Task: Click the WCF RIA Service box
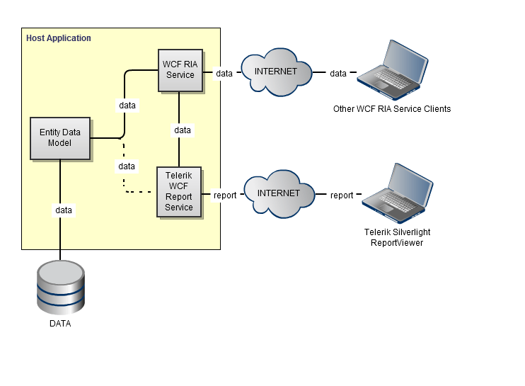click(x=180, y=70)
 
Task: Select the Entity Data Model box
click(x=60, y=138)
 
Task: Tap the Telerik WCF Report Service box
click(x=179, y=192)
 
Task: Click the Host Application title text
click(x=59, y=38)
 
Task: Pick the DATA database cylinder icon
click(x=60, y=287)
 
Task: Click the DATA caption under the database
click(x=60, y=324)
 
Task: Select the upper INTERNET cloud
click(x=276, y=72)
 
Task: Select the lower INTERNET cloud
click(x=278, y=193)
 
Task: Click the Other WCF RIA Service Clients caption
click(x=392, y=109)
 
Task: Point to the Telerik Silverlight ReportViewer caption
click(x=397, y=237)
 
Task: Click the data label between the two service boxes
click(x=183, y=130)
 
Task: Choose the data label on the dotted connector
click(x=127, y=166)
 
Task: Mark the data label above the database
click(x=64, y=210)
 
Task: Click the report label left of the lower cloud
click(x=225, y=195)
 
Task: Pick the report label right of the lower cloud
click(x=342, y=195)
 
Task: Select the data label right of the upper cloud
click(x=338, y=74)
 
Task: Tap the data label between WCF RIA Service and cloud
click(x=224, y=74)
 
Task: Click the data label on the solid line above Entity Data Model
click(x=127, y=106)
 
